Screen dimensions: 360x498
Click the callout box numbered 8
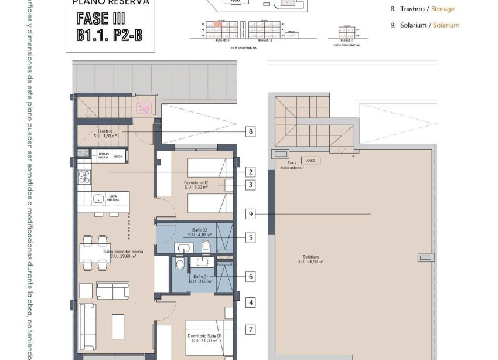tap(251, 132)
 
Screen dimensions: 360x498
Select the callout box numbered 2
tap(251, 172)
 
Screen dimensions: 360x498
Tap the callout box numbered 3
tap(251, 185)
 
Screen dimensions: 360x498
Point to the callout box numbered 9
tap(251, 215)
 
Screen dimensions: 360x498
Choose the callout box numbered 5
tap(251, 238)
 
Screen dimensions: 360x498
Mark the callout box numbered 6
tap(251, 276)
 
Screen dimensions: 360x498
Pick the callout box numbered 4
tap(251, 303)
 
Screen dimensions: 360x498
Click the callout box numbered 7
tap(251, 330)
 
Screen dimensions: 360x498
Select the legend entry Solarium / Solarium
tap(425, 25)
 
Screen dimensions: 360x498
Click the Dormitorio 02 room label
tap(196, 185)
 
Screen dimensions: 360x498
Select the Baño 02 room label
tap(200, 232)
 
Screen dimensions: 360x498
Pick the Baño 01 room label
tap(200, 279)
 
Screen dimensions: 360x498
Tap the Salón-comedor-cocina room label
tap(120, 253)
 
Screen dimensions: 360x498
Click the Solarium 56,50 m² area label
tap(310, 259)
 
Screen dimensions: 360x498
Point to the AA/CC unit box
tap(311, 160)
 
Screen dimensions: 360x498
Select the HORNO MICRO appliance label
tap(103, 155)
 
